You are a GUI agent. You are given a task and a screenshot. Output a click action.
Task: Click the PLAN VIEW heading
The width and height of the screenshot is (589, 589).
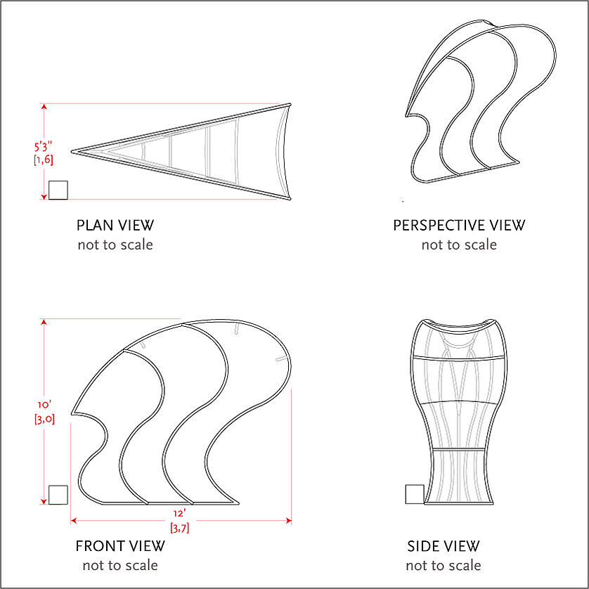pos(115,226)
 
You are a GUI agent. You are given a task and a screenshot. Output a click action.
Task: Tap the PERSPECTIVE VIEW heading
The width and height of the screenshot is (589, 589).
pos(459,226)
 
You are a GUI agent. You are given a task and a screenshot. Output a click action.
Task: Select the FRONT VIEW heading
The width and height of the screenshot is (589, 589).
pos(120,546)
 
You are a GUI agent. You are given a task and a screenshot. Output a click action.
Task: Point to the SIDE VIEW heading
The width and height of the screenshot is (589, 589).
pos(444,546)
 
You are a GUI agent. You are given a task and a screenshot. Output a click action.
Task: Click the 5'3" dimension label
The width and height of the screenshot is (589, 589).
pos(43,146)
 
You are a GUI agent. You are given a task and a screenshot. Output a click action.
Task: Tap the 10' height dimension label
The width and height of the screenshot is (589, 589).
pos(44,405)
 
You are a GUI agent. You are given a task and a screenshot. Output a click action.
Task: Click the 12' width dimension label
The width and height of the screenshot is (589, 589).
pos(179,514)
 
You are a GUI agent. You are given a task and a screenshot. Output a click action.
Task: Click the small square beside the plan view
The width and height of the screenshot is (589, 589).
pos(58,190)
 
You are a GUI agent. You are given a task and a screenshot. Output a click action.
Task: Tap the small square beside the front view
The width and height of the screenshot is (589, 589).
pos(58,495)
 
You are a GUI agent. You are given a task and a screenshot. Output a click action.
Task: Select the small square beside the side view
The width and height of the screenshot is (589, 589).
pos(415,494)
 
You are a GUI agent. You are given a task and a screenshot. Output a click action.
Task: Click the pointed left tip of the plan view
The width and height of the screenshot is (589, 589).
pos(72,152)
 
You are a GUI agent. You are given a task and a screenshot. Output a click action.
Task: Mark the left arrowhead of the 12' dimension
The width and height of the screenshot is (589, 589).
pos(74,521)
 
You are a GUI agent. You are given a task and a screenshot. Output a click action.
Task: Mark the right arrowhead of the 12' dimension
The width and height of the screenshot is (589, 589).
pos(289,521)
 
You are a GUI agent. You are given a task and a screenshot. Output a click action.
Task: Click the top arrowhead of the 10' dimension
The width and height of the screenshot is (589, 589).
pos(44,322)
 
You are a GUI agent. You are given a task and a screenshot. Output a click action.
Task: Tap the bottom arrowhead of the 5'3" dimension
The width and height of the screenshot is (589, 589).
pos(44,197)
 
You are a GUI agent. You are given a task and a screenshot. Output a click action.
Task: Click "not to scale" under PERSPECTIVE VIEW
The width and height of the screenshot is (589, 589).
pos(459,245)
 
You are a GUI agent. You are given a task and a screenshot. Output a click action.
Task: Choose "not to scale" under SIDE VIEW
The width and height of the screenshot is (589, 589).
pos(444,565)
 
